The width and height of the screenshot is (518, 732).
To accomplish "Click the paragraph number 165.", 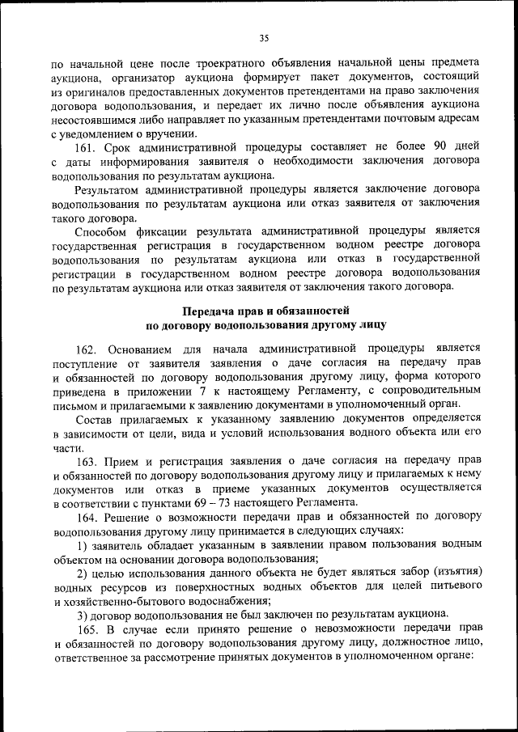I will (89, 628).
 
